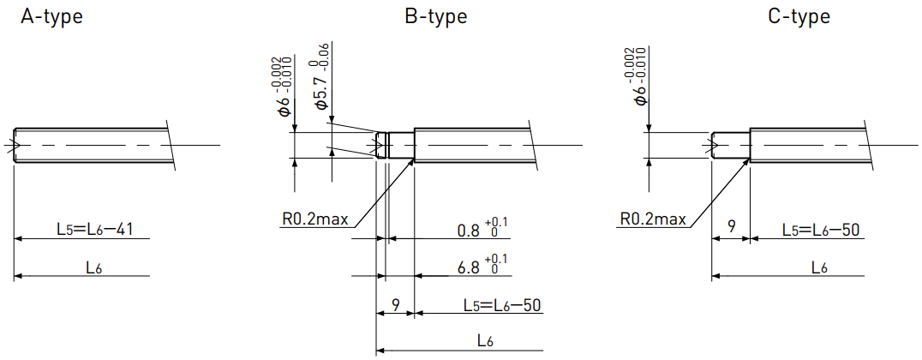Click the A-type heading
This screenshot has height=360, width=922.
pos(51,17)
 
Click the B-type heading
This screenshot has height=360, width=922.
pos(435,17)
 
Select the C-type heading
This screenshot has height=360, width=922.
pos(799,17)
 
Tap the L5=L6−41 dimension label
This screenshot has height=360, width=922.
pos(94,229)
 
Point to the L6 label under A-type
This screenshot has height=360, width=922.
pos(94,268)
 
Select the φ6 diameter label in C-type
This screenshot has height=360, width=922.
pos(639,76)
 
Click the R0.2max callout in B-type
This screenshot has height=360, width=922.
pos(314,220)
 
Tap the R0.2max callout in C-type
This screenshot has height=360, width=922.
pos(653,220)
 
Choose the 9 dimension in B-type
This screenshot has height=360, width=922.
pos(396,304)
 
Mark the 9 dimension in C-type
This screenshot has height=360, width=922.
pos(731,227)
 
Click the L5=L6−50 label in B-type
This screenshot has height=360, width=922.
pos(501,305)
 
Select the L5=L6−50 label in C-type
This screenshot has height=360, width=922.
pos(821,230)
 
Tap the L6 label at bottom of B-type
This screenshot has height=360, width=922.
pos(486,341)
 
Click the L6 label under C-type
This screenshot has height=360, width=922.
pos(820,268)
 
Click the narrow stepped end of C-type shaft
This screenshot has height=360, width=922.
pos(730,145)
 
